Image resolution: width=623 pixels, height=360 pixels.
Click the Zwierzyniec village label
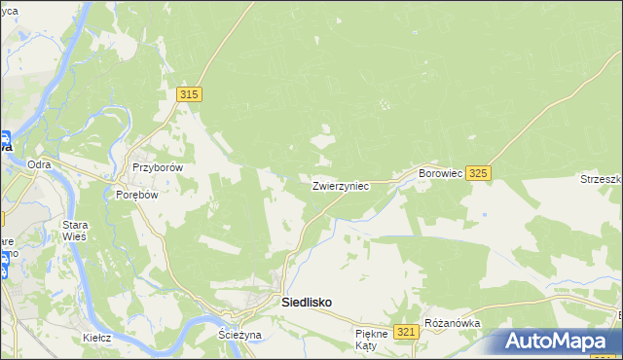pos(340,185)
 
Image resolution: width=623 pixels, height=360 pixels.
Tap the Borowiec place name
pos(440,172)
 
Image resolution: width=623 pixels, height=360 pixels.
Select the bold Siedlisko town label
pos(306,303)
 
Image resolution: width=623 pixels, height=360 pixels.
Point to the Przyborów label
pos(158,166)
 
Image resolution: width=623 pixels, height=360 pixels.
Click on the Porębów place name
pos(136,193)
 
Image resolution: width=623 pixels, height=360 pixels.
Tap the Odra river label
pos(39,164)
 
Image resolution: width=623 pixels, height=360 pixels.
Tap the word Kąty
pos(366,345)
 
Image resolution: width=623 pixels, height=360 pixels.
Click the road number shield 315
pos(190,93)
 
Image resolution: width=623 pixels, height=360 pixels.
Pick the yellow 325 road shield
pos(477,172)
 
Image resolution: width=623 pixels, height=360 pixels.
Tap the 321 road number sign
pos(407,332)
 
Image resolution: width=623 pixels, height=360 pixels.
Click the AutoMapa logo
pos(560,342)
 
